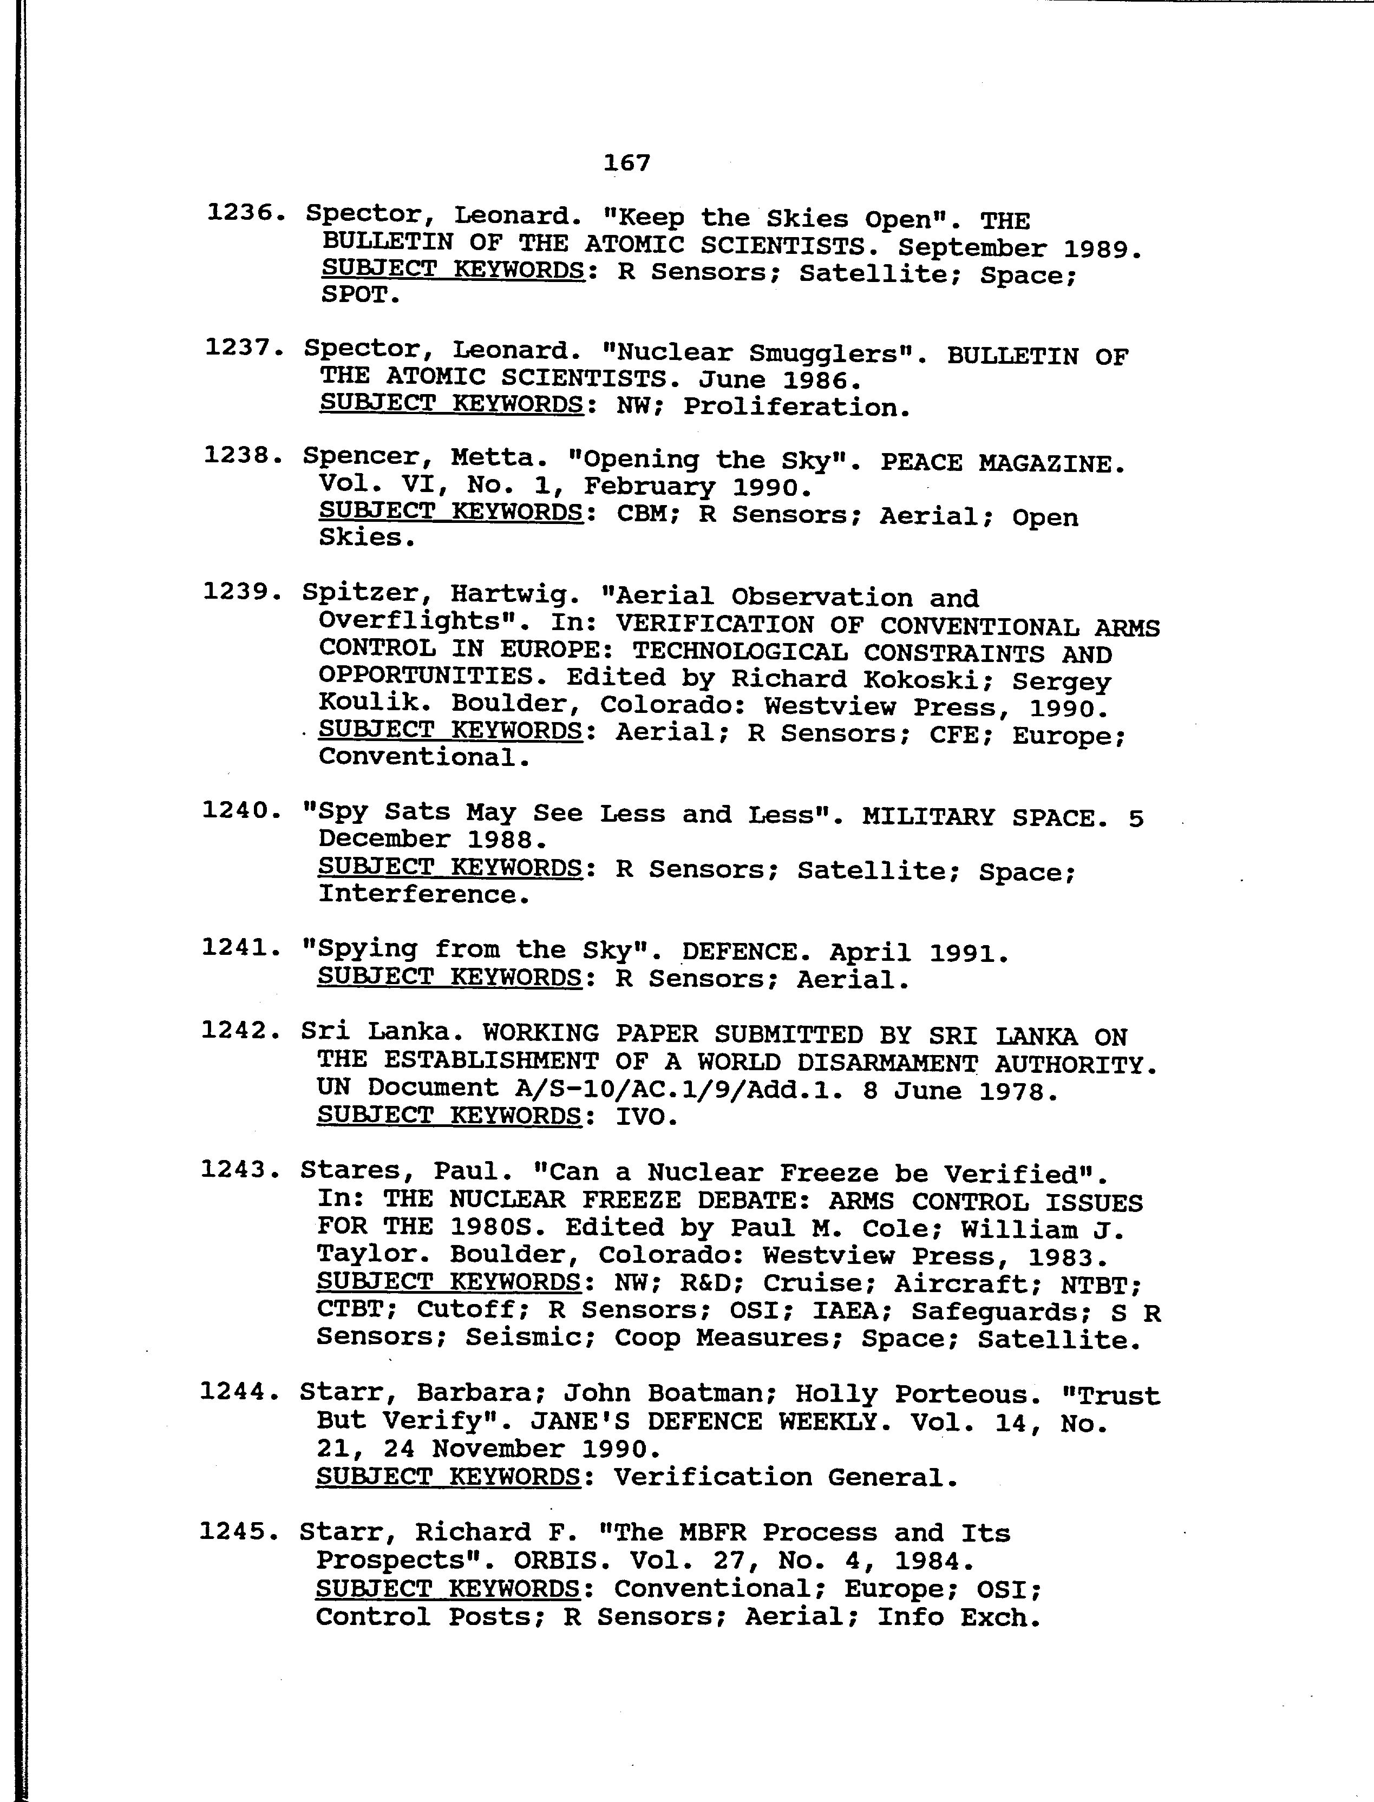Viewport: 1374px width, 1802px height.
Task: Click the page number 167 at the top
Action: tap(626, 163)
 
